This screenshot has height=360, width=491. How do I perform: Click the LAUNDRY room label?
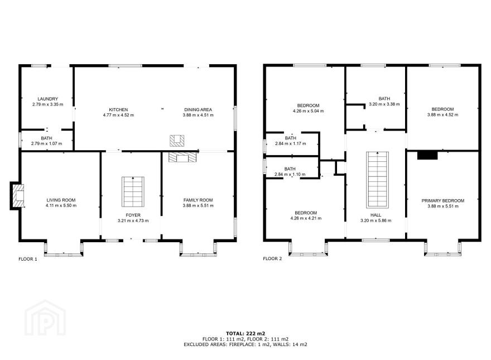tap(47, 99)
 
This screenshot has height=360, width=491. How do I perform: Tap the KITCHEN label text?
tap(118, 109)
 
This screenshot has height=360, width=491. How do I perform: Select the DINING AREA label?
tap(198, 109)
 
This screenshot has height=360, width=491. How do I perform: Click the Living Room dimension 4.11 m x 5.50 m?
tap(61, 205)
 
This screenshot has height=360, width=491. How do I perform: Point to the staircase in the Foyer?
tap(133, 192)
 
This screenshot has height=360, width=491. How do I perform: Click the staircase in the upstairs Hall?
tap(378, 180)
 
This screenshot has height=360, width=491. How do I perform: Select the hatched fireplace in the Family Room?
tap(183, 157)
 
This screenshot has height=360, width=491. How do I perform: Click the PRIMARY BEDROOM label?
tap(443, 200)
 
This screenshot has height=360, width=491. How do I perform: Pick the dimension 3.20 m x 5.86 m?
tap(376, 220)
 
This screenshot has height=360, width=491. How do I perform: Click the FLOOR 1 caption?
tap(28, 259)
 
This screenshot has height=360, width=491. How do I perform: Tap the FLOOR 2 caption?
tap(272, 258)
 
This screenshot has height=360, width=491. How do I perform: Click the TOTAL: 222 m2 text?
tap(245, 333)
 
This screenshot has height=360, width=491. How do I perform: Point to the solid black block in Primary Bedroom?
tap(427, 155)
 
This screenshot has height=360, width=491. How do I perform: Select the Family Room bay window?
tap(198, 248)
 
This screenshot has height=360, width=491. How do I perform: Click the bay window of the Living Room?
tap(64, 248)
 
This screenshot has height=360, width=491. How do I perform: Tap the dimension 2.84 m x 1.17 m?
tap(291, 143)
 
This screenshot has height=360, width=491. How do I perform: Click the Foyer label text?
tap(133, 215)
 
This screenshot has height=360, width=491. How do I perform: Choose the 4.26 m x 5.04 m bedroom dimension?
tap(308, 111)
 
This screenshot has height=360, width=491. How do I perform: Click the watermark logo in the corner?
tap(45, 318)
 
